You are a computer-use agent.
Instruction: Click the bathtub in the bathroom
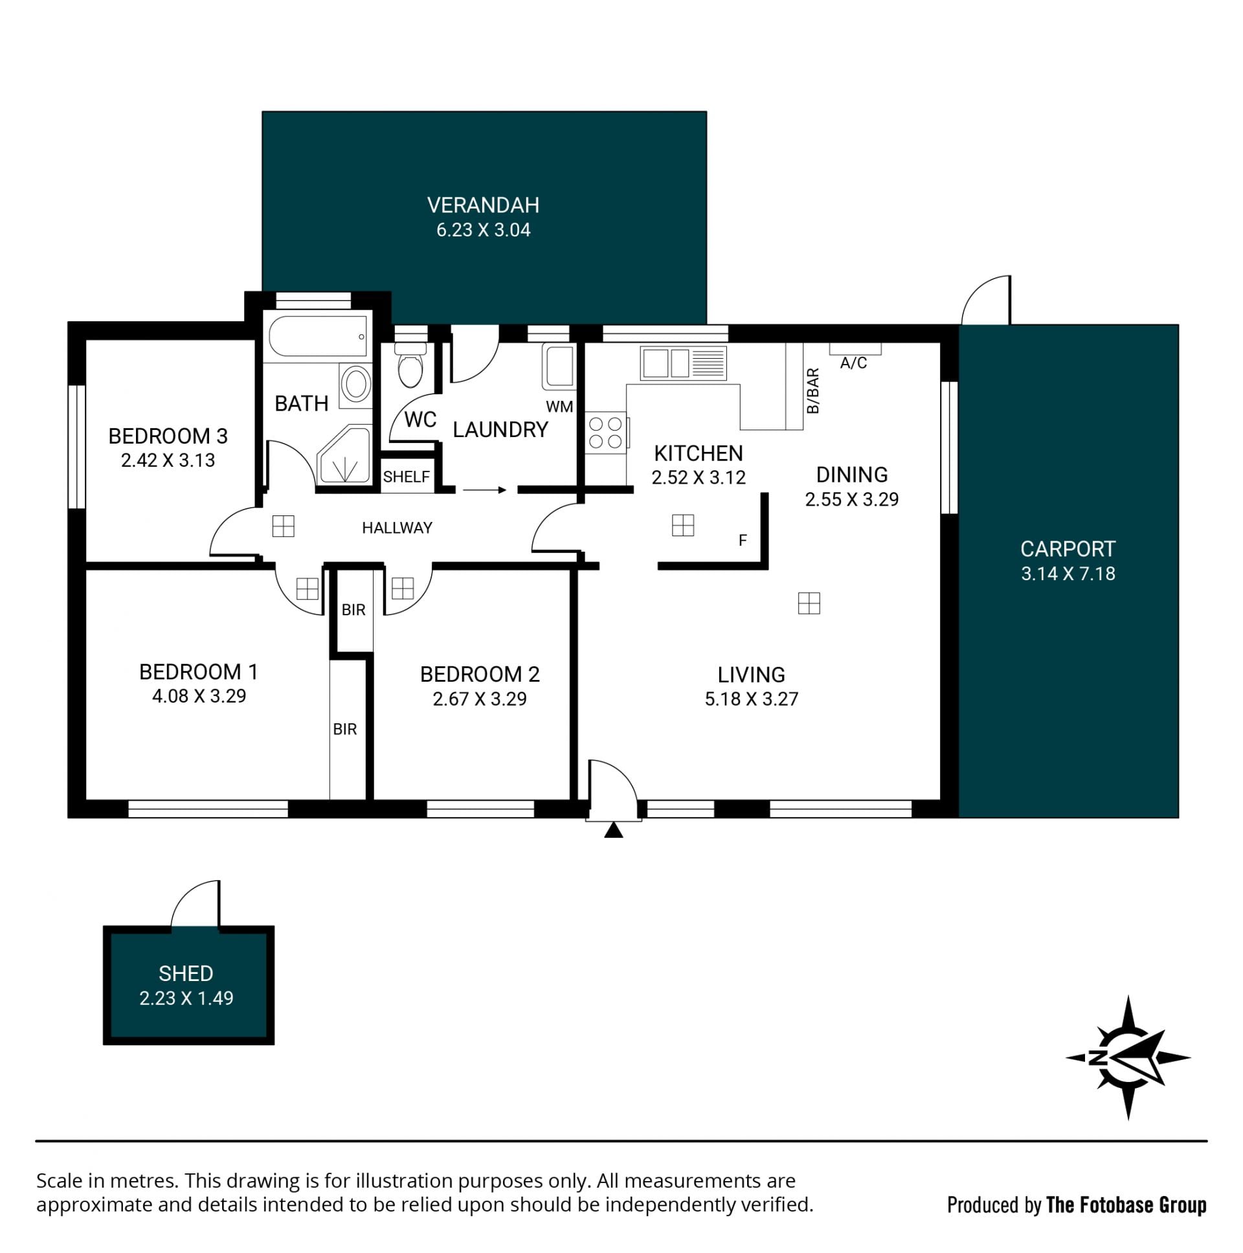click(x=318, y=336)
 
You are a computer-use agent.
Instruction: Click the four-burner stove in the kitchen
click(x=606, y=433)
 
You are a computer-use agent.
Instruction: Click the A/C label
click(x=853, y=363)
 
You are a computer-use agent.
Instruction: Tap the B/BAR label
click(x=813, y=390)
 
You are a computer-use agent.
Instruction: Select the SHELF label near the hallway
click(x=407, y=477)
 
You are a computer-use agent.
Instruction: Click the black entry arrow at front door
click(x=613, y=830)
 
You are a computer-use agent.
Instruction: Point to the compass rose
click(x=1128, y=1058)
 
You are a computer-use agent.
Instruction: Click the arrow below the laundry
click(x=484, y=490)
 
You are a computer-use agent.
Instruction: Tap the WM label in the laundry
click(x=559, y=407)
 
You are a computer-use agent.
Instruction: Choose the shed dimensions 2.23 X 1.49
click(x=186, y=998)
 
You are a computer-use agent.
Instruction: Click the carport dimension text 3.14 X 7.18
click(x=1068, y=573)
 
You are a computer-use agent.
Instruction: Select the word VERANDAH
click(x=483, y=205)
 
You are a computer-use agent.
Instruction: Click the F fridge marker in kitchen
click(x=743, y=540)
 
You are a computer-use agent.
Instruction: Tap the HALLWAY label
click(x=397, y=528)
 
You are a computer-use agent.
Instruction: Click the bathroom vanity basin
click(x=356, y=384)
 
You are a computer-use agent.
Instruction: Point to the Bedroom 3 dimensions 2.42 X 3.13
click(x=168, y=460)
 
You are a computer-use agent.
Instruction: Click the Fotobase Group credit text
click(x=1077, y=1205)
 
